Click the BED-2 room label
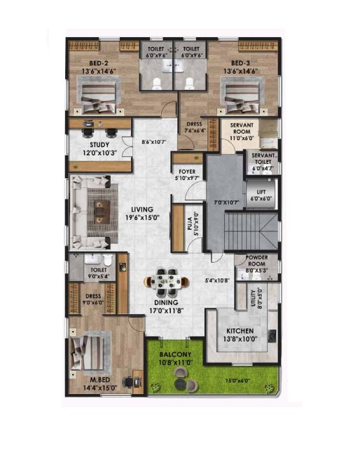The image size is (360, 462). click(x=99, y=63)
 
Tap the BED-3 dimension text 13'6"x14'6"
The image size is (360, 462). click(x=240, y=71)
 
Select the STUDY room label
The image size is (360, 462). click(x=99, y=144)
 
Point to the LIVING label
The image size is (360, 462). click(x=142, y=210)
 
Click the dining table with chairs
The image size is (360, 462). click(x=166, y=282)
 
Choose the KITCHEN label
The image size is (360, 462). click(x=240, y=331)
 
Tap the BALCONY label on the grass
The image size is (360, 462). click(x=175, y=355)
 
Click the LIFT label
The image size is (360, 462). click(x=261, y=192)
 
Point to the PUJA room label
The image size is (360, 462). click(x=190, y=224)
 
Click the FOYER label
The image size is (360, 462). click(x=187, y=172)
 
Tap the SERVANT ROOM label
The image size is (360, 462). click(x=242, y=128)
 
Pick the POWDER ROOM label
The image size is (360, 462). click(x=256, y=261)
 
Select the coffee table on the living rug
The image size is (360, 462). click(x=102, y=212)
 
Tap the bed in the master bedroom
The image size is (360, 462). click(x=87, y=353)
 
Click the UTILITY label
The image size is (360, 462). click(x=253, y=298)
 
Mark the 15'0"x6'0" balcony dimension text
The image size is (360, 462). click(x=237, y=381)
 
